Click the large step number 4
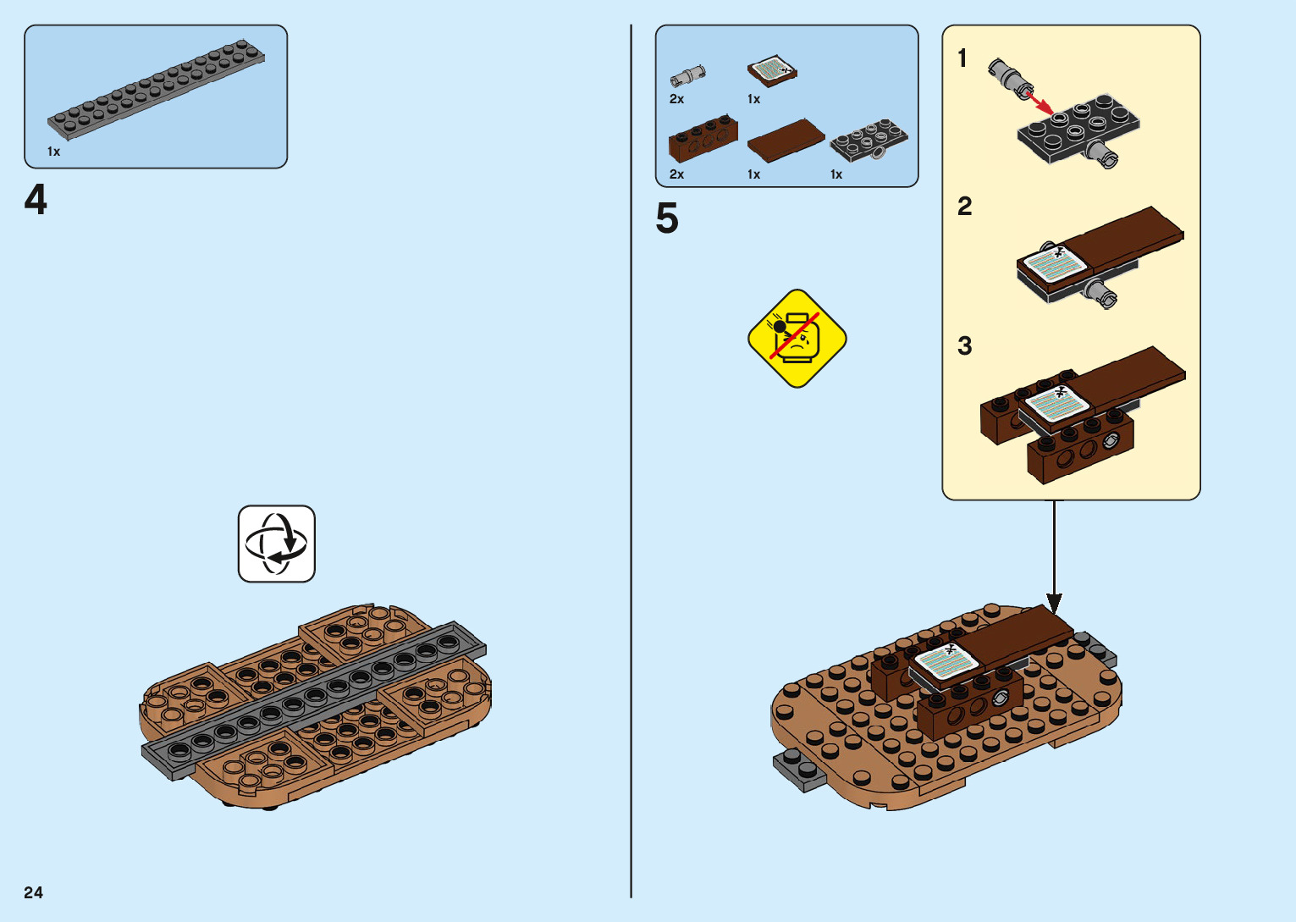tap(36, 201)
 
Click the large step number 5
tap(667, 218)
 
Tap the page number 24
tap(33, 892)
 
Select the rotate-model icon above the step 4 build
tap(277, 544)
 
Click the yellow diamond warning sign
tap(797, 338)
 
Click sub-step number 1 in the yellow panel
tap(962, 58)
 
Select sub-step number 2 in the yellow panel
tap(964, 207)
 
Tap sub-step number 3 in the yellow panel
tap(964, 345)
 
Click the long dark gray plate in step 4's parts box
tap(156, 88)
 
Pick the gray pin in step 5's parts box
tap(687, 76)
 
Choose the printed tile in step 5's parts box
tap(772, 71)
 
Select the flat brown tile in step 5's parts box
tap(786, 140)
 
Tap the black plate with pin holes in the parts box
tap(869, 140)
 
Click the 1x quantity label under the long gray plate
tap(53, 152)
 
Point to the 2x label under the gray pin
tap(676, 99)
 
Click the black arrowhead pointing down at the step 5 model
tap(1054, 603)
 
